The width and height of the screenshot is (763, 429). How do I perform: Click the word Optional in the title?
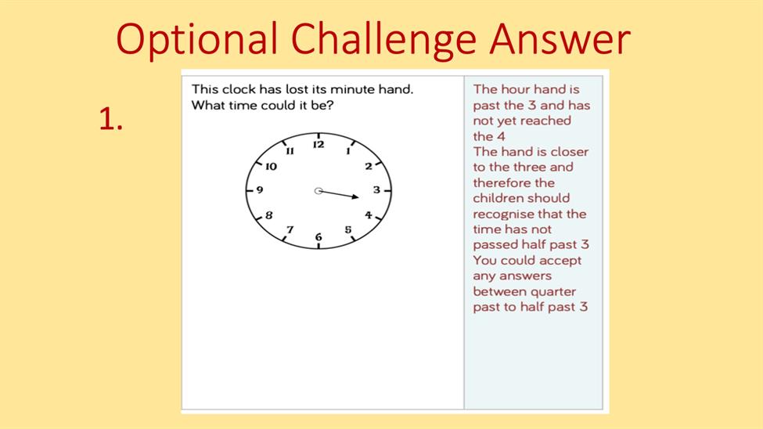[x=196, y=40]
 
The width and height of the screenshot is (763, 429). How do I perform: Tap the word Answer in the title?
[x=560, y=38]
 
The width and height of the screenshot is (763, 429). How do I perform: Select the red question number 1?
[x=110, y=119]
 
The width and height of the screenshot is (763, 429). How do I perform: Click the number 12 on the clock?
[x=319, y=145]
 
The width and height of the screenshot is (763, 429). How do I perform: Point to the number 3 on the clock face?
[x=376, y=190]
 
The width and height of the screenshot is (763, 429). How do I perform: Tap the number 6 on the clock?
[x=319, y=236]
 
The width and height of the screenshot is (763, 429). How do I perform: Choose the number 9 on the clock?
[x=259, y=190]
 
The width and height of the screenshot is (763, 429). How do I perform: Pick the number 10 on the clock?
[x=271, y=167]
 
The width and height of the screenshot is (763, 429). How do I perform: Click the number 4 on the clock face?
[x=369, y=214]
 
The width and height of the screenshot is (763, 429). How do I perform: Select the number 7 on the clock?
[x=290, y=229]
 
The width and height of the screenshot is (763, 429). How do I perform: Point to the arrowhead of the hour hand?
[x=355, y=196]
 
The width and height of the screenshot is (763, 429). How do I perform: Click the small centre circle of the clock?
[x=319, y=191]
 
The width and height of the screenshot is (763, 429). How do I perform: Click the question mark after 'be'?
[x=330, y=105]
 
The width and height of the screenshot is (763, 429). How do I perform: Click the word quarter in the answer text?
[x=552, y=292]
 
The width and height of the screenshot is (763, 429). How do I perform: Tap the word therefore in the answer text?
[x=497, y=183]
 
